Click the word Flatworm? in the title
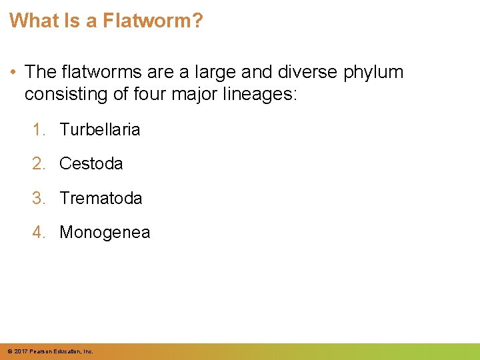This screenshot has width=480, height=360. (x=153, y=21)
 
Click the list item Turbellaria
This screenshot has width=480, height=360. (x=100, y=129)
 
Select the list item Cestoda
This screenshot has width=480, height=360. (x=91, y=163)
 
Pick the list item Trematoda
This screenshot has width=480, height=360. (x=101, y=198)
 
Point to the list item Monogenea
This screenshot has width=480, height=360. (x=105, y=233)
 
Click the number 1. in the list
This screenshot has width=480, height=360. (x=40, y=129)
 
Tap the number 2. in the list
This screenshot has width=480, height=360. (x=40, y=163)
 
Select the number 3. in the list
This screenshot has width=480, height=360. (x=40, y=198)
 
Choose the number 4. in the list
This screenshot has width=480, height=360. (x=40, y=233)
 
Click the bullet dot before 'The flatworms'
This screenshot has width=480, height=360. (x=13, y=72)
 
